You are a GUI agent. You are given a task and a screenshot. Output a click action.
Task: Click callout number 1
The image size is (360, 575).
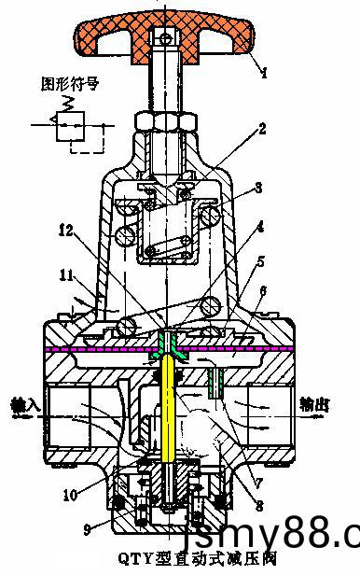264,72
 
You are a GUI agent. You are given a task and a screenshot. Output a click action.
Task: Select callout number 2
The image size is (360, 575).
264,128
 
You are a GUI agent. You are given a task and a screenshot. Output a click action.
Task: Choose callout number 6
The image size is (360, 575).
264,291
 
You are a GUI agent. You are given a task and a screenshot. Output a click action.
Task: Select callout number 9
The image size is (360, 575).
86,529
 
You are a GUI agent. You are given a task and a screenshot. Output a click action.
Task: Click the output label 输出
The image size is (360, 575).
317,405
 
